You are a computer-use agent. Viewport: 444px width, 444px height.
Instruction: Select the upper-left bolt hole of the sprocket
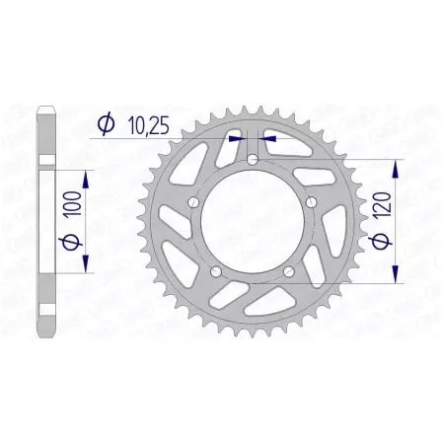pyautogui.click(x=193, y=201)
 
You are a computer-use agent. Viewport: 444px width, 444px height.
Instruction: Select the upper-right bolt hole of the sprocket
pyautogui.click(x=312, y=201)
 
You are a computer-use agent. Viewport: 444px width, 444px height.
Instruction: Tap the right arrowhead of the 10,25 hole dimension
pyautogui.click(x=268, y=139)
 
